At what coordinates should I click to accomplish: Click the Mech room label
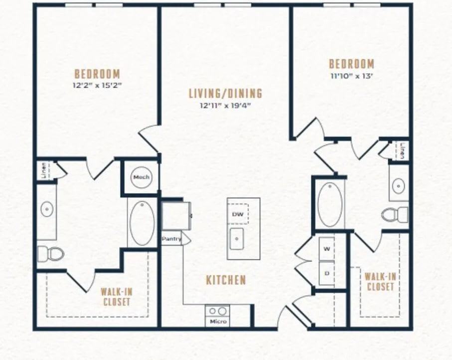[141, 177]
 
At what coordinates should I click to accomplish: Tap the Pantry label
[171, 239]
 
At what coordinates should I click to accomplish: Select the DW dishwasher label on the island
[238, 214]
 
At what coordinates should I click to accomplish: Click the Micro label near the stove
[218, 321]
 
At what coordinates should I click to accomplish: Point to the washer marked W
[326, 249]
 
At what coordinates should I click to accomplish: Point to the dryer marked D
[326, 273]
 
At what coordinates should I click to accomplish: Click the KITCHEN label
[226, 280]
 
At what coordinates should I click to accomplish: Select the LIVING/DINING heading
[226, 93]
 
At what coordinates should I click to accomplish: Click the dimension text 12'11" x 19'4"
[225, 106]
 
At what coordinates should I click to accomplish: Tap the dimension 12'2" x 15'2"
[97, 85]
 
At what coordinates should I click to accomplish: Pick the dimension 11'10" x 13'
[352, 76]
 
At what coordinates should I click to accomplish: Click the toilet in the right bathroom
[395, 215]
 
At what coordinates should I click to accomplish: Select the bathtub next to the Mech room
[142, 223]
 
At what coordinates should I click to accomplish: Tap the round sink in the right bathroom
[399, 186]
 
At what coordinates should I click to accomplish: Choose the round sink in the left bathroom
[46, 209]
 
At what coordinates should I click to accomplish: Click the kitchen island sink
[237, 239]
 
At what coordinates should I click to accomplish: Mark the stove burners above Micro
[217, 311]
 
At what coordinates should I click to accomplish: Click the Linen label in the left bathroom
[44, 170]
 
